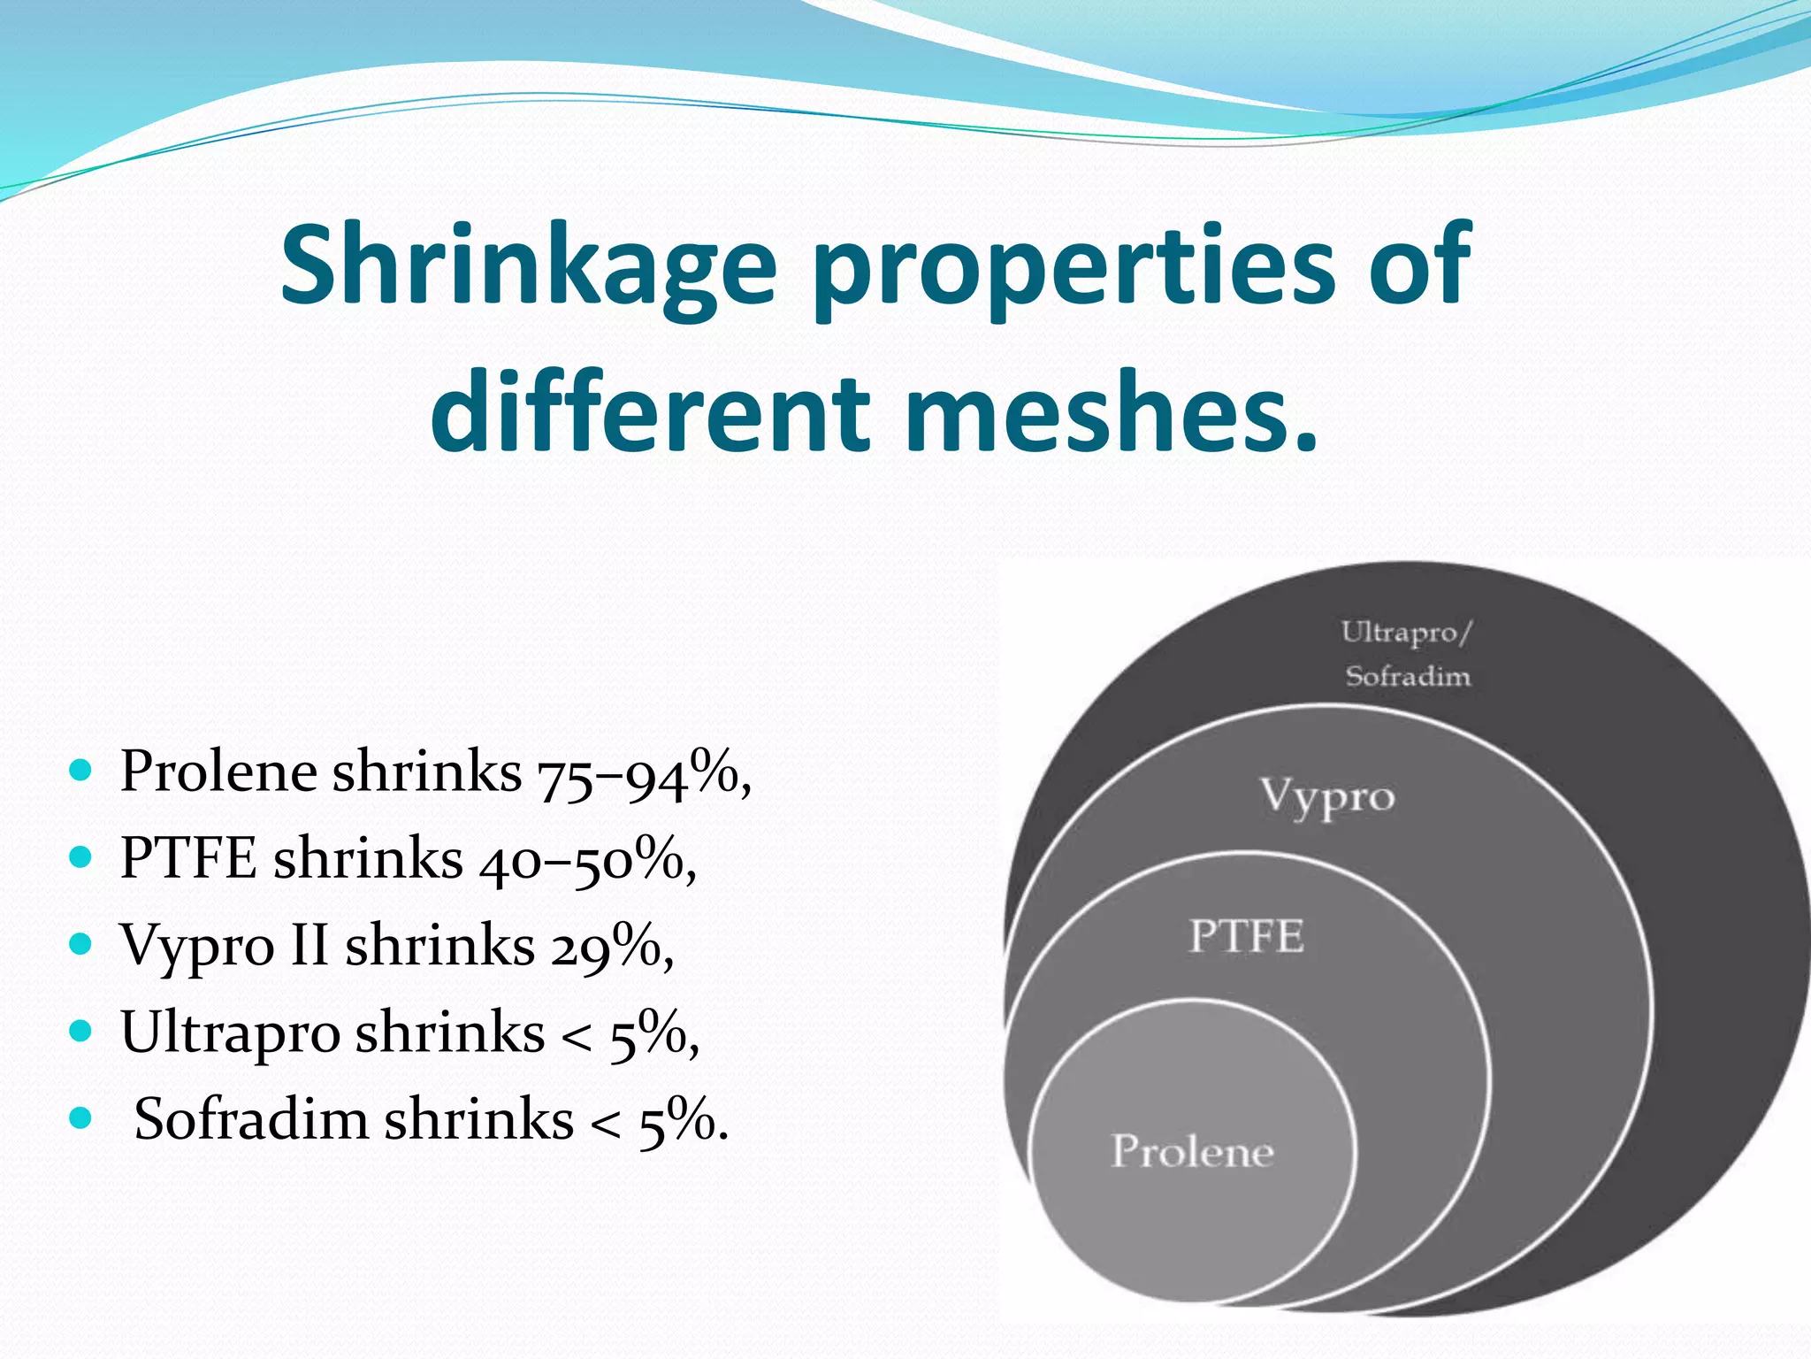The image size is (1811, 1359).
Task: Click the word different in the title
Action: pyautogui.click(x=656, y=412)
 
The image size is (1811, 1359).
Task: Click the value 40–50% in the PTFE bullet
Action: pyautogui.click(x=580, y=859)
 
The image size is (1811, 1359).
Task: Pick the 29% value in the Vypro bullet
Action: pyautogui.click(x=606, y=946)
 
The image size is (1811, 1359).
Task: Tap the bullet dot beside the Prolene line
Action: pyautogui.click(x=80, y=771)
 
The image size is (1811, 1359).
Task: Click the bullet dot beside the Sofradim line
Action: pyautogui.click(x=80, y=1117)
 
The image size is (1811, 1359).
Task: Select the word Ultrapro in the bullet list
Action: pyautogui.click(x=231, y=1033)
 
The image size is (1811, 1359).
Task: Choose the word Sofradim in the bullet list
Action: pyautogui.click(x=251, y=1119)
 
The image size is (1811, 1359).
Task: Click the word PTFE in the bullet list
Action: pyautogui.click(x=188, y=858)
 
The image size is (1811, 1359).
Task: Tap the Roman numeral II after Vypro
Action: pyautogui.click(x=309, y=945)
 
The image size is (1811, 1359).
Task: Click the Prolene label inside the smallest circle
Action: pyautogui.click(x=1192, y=1151)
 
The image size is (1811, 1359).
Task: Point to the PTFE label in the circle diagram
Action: pyautogui.click(x=1246, y=936)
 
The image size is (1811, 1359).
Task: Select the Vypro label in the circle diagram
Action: pyautogui.click(x=1327, y=796)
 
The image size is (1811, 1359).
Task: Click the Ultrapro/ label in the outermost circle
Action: pyautogui.click(x=1406, y=633)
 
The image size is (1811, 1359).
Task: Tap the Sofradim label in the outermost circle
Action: pyautogui.click(x=1408, y=677)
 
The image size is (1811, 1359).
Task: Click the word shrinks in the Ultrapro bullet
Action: pyautogui.click(x=449, y=1033)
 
